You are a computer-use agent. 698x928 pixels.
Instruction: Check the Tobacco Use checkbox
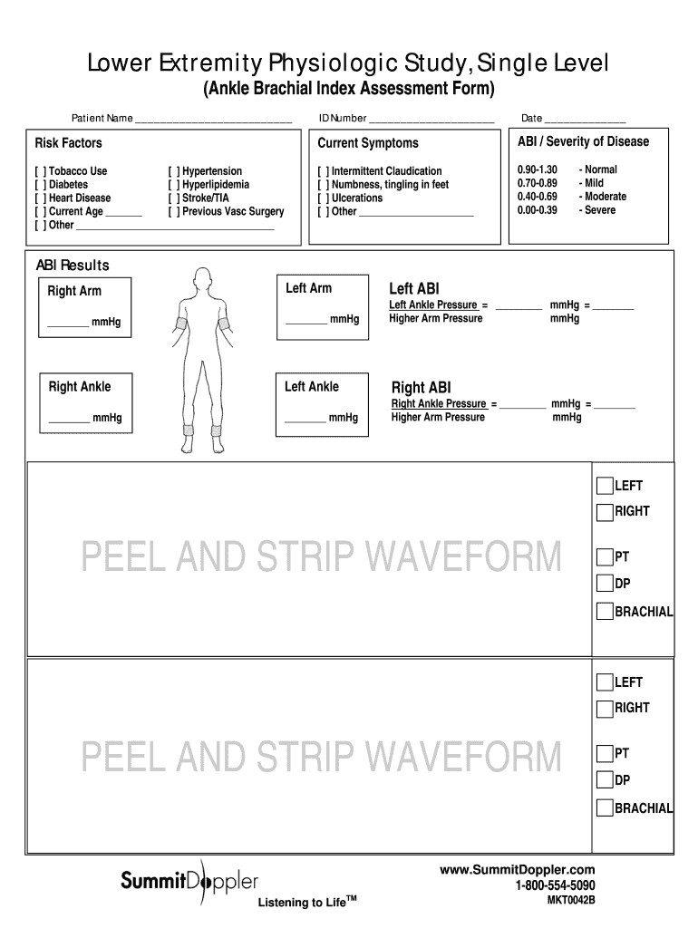(41, 171)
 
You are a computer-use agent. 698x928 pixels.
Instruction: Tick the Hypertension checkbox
(174, 171)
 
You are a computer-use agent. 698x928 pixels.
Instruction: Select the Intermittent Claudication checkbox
(324, 171)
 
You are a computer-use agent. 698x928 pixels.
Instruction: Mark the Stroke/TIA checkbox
(174, 198)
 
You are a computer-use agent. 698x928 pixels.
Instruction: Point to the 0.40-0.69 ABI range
(538, 197)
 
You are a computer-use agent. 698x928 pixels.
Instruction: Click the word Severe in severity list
(600, 210)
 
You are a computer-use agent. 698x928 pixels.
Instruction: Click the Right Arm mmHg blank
(68, 324)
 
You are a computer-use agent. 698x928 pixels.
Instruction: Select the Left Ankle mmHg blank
(305, 420)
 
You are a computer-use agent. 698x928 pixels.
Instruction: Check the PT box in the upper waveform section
(605, 556)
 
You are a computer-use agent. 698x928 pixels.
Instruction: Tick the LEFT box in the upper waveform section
(605, 487)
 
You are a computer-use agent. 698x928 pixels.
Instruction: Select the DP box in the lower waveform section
(605, 780)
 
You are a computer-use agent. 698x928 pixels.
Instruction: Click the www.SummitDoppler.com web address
(518, 870)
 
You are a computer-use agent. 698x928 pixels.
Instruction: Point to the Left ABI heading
(414, 289)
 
